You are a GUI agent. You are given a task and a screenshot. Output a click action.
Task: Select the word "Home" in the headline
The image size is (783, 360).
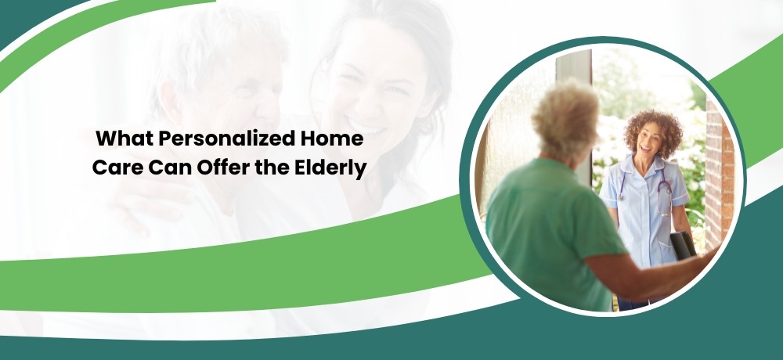tap(331, 139)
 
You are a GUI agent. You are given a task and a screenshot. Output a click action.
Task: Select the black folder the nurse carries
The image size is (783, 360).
tap(683, 245)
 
